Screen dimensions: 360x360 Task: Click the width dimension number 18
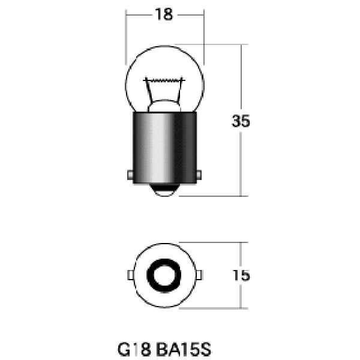pos(164,15)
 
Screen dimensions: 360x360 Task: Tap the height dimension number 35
pos(241,121)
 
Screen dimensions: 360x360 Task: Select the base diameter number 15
pos(241,275)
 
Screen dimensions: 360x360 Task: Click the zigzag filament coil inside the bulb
pos(164,80)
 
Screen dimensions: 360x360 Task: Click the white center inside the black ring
pos(164,275)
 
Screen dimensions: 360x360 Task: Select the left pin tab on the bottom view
pos(130,275)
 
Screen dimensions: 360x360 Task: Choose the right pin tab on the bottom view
pos(197,275)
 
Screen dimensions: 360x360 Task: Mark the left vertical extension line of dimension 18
pos(125,36)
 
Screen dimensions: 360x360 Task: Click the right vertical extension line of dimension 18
pos(204,36)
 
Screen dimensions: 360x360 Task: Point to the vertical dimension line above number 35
pos(241,78)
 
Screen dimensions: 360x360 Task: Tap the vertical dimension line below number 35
pos(241,165)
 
